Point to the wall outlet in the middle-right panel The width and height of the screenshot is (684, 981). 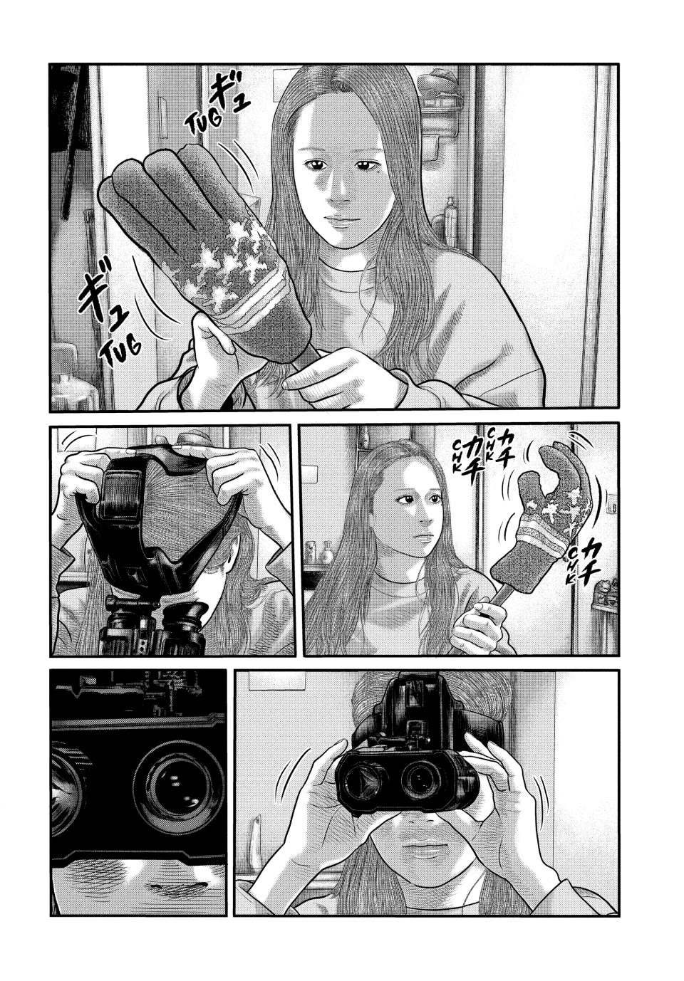point(612,507)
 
